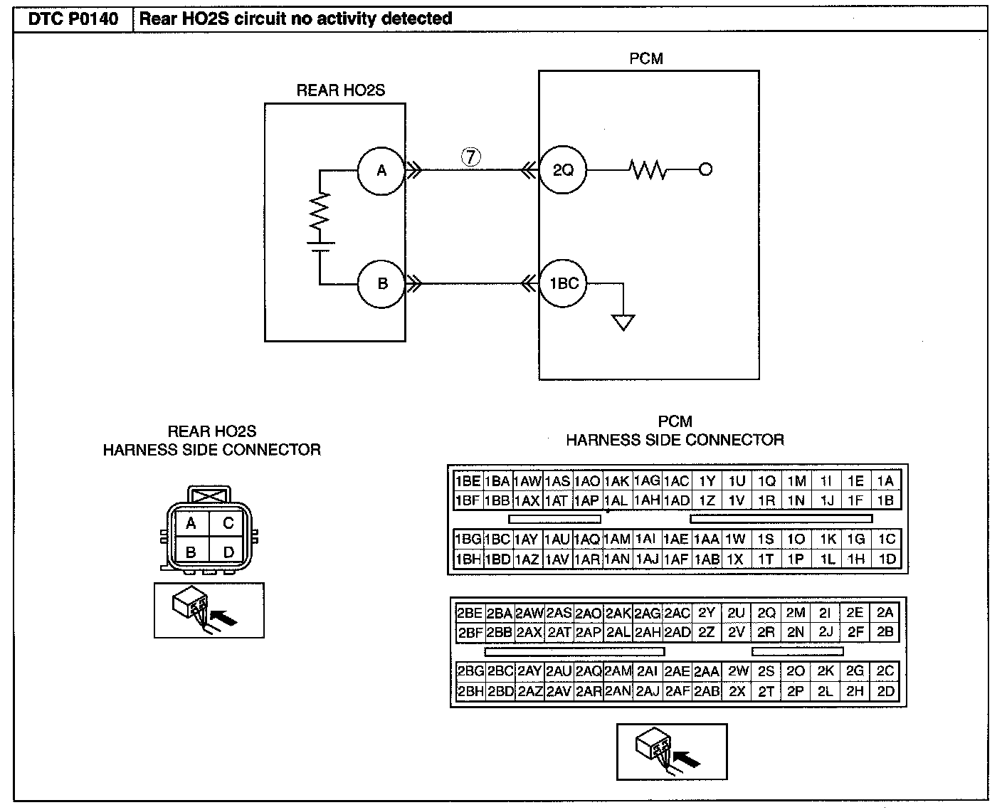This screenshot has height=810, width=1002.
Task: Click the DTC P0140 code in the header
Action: pos(73,19)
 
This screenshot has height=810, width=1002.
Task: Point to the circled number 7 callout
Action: pos(471,157)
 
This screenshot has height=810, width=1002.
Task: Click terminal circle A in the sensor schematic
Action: pos(381,171)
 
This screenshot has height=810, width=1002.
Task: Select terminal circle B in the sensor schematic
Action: pos(381,283)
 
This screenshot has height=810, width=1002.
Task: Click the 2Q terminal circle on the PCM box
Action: pos(563,170)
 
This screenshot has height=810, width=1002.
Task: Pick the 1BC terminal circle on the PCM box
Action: pos(563,283)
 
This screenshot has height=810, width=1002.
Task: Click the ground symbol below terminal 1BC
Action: pos(623,322)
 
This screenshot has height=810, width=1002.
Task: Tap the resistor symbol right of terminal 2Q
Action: pos(648,170)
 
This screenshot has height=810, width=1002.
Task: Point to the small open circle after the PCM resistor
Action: pos(706,169)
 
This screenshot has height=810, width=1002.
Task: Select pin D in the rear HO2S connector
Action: pos(228,552)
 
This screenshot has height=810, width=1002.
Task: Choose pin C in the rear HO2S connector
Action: pos(228,523)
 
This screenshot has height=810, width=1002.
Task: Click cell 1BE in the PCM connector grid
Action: pos(468,481)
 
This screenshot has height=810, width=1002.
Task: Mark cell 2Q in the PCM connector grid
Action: pos(766,612)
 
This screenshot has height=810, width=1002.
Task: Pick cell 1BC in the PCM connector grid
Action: pos(497,539)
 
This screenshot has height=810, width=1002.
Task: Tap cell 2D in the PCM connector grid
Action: pos(885,691)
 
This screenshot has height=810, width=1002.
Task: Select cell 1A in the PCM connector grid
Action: pos(885,480)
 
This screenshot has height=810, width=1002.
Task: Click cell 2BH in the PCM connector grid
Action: pos(470,691)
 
